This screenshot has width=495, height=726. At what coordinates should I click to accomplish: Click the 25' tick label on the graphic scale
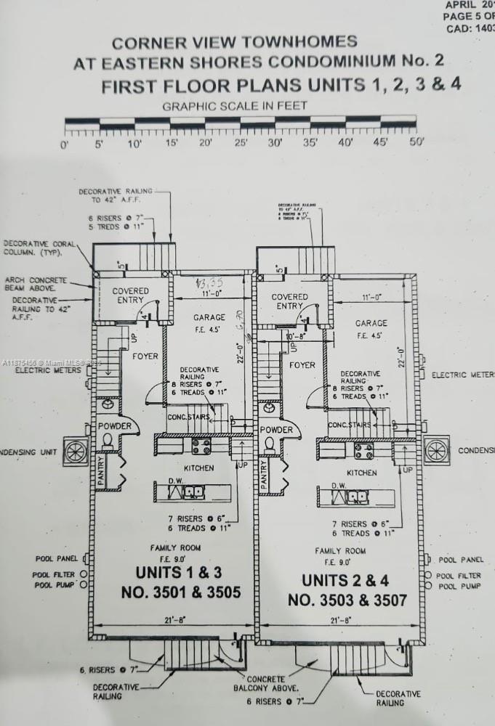241,143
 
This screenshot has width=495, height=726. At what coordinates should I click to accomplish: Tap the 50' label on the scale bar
416,143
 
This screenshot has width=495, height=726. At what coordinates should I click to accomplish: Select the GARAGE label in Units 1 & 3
209,317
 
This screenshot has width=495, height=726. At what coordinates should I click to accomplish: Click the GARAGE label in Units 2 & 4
371,323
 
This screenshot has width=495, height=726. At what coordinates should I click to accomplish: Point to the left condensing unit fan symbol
76,451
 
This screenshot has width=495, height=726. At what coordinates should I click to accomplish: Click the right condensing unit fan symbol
437,450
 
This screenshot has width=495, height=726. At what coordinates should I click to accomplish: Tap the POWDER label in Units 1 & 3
114,425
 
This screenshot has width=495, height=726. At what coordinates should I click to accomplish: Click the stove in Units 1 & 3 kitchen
201,446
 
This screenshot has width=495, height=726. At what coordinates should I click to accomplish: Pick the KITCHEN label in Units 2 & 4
361,473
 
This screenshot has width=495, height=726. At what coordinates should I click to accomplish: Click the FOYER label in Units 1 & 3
145,356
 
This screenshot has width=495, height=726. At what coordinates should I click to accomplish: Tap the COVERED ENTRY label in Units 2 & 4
289,301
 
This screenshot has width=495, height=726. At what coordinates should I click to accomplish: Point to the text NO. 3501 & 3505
180,593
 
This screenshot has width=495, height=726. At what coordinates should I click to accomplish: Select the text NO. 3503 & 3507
347,600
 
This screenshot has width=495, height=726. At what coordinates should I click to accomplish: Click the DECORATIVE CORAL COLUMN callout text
40,249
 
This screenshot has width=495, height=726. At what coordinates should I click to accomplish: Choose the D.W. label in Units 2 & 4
338,486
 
